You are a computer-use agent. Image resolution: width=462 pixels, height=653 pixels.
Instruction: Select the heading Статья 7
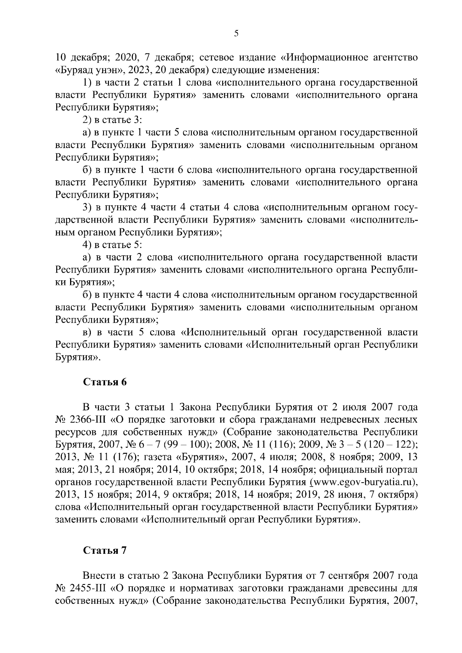pyautogui.click(x=105, y=550)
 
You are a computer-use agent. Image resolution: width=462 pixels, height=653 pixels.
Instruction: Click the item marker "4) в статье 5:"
pyautogui.click(x=113, y=245)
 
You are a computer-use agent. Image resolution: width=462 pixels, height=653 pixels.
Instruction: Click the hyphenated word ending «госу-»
pyautogui.click(x=405, y=208)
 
